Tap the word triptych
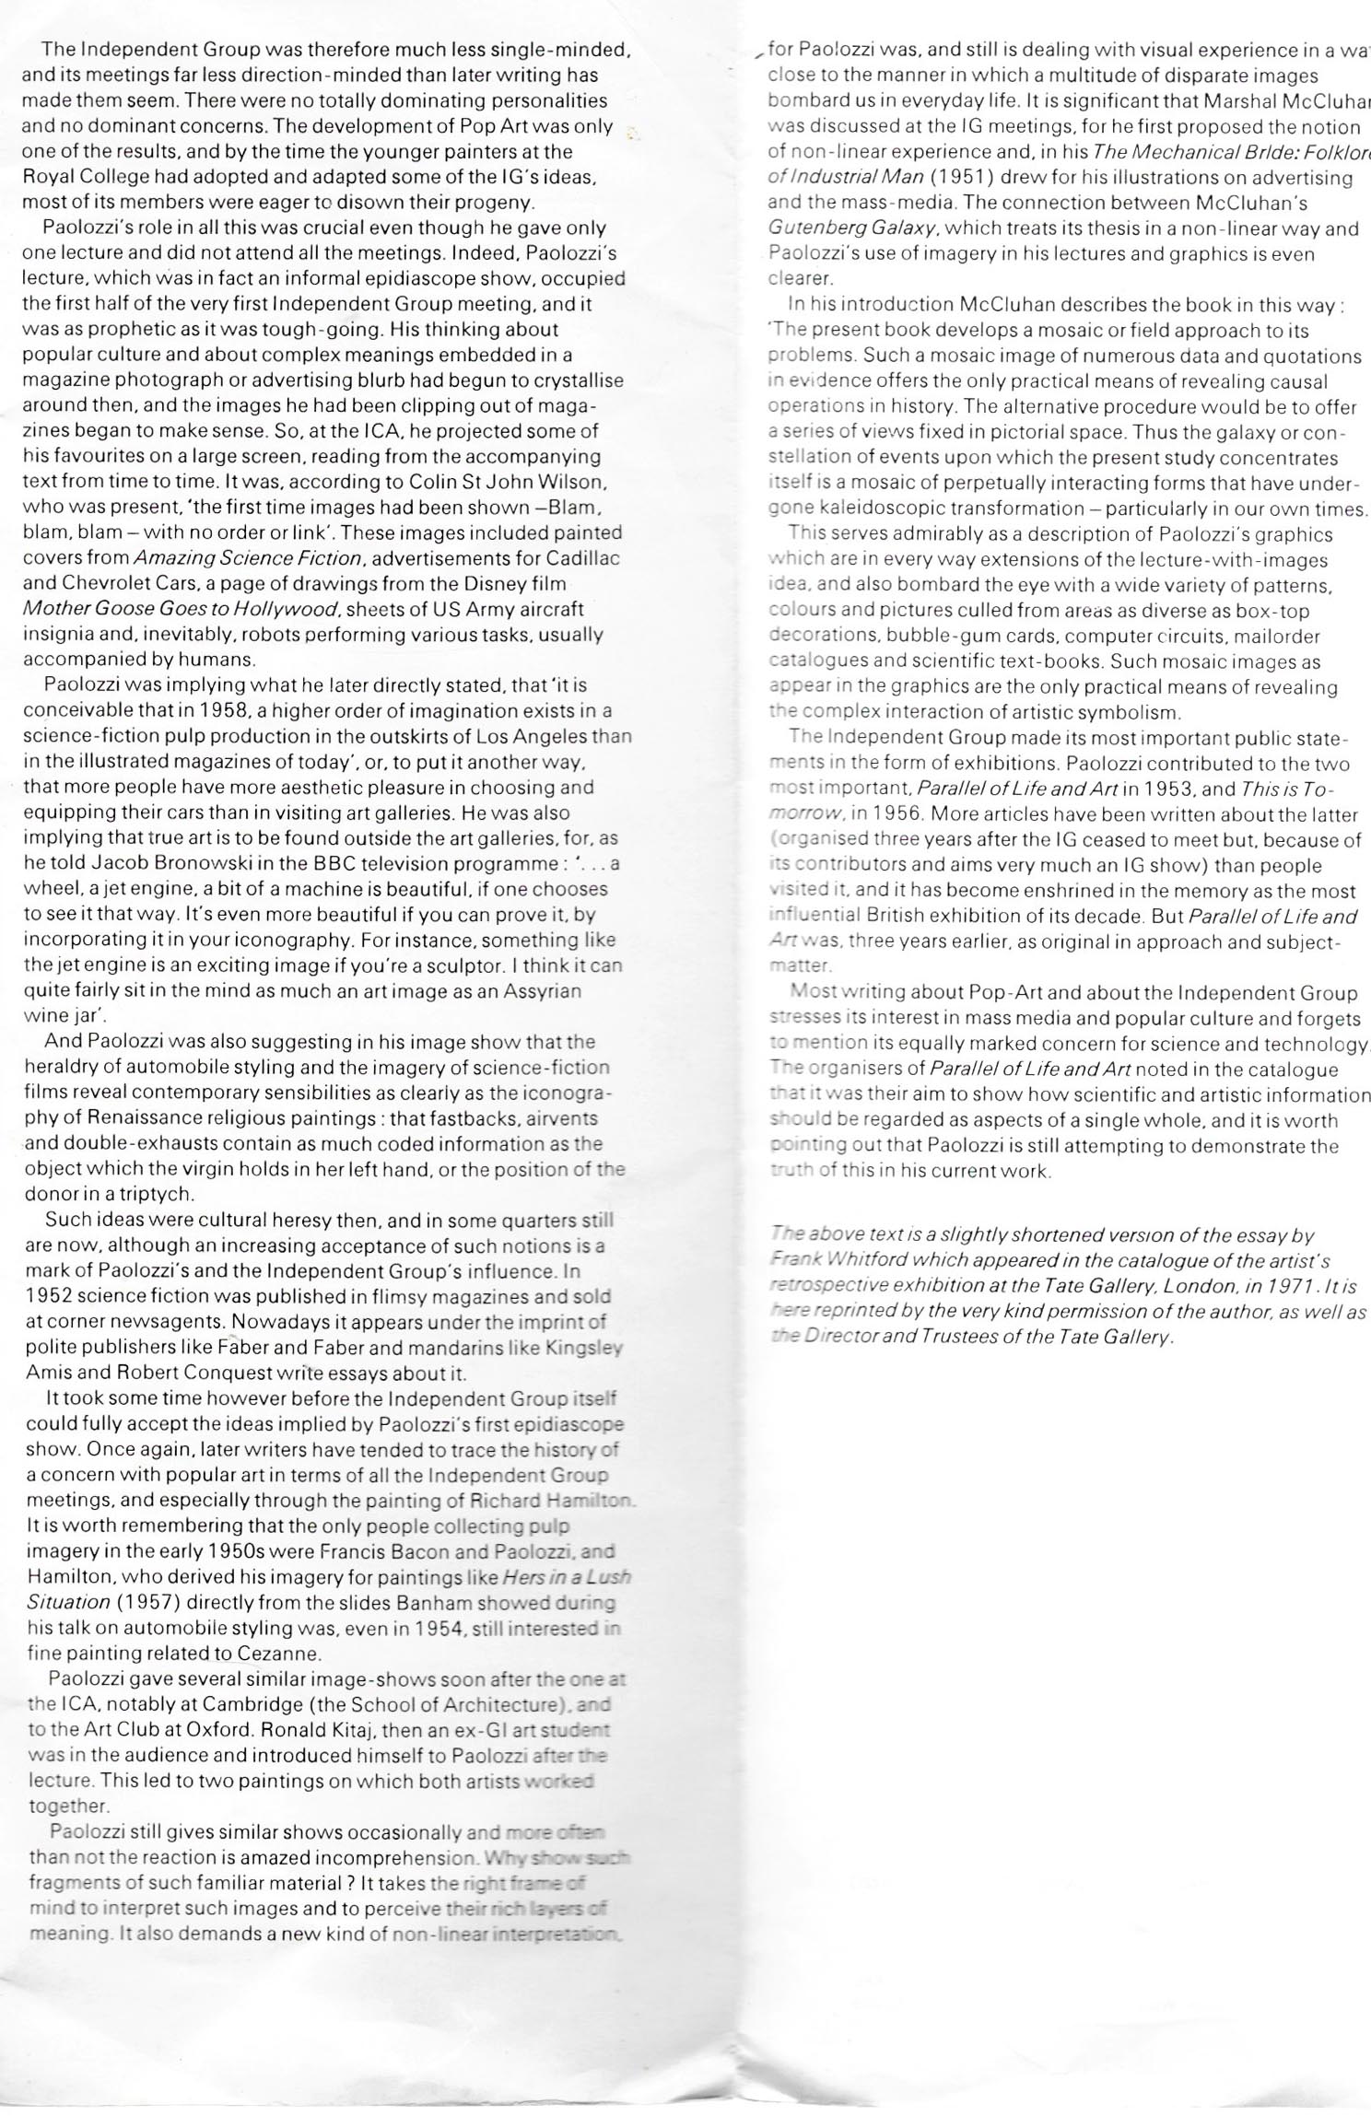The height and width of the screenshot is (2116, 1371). [154, 1195]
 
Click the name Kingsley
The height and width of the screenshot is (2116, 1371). [581, 1348]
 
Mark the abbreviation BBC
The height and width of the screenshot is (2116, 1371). [339, 864]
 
